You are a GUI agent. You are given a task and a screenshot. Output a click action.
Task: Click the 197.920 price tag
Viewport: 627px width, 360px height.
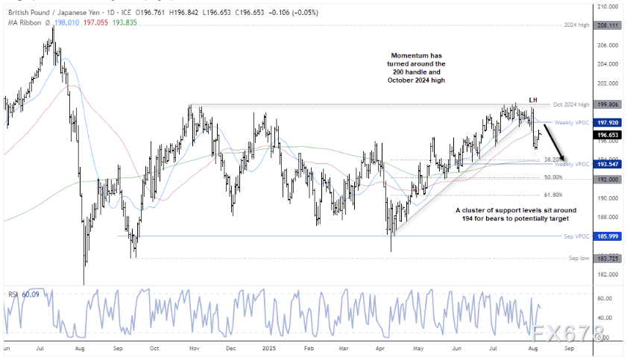point(608,122)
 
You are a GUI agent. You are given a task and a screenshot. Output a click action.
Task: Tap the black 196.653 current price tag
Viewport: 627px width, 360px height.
point(608,135)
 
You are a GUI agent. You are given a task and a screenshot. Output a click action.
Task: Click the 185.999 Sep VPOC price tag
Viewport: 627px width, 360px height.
point(608,236)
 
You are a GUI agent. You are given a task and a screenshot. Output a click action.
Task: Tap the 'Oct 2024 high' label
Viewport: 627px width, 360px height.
point(573,105)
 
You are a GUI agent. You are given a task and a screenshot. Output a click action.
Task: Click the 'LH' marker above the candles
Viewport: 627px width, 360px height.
point(533,99)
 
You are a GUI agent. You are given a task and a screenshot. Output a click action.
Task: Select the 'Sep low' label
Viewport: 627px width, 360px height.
point(580,258)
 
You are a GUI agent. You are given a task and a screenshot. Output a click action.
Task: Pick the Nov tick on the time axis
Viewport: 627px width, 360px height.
point(193,347)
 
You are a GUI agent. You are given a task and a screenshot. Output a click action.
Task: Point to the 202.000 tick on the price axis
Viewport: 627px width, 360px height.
point(608,83)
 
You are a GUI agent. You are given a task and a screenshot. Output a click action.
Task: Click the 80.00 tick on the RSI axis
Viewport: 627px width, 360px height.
point(606,298)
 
